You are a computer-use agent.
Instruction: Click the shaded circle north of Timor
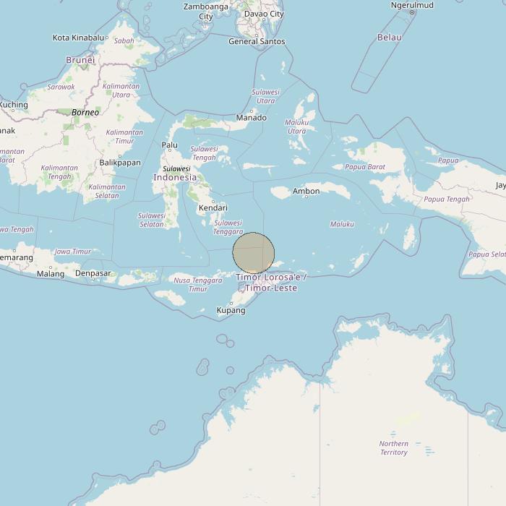[254, 253]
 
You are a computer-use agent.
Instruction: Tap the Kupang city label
[231, 310]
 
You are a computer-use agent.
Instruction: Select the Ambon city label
[306, 192]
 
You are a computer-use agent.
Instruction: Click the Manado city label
[252, 118]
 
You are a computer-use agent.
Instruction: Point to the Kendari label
[213, 207]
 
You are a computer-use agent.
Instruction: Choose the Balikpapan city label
[120, 163]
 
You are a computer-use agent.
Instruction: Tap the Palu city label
[170, 145]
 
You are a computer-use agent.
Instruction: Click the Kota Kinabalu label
[79, 38]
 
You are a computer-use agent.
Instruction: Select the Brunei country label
[80, 60]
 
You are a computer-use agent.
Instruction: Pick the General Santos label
[257, 41]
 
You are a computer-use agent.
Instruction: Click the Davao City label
[264, 14]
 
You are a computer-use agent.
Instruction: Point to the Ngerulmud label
[412, 5]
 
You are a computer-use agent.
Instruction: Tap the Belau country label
[390, 37]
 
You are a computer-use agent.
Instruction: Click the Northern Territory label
[394, 448]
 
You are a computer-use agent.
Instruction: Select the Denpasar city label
[93, 273]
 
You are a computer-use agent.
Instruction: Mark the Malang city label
[51, 274]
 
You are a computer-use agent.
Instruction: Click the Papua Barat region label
[365, 167]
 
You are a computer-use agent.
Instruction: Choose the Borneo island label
[85, 113]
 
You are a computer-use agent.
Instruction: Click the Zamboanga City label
[206, 11]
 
